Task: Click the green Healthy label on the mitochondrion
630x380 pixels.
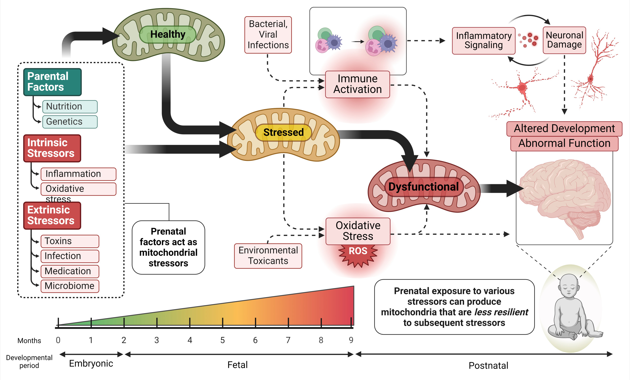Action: tap(168, 34)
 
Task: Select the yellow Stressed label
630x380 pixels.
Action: tap(283, 132)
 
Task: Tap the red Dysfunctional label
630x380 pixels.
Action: tap(424, 187)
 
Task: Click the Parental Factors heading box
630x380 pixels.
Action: tap(52, 82)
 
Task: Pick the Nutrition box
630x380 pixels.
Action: tap(70, 106)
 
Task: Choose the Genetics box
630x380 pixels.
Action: tap(70, 122)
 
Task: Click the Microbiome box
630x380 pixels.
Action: tap(70, 286)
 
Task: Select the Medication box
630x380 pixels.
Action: tap(70, 271)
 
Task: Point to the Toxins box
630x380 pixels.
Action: tap(70, 241)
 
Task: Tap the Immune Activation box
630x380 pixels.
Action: tap(357, 84)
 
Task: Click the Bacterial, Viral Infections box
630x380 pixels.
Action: tap(268, 35)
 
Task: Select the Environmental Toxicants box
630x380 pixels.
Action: tap(268, 256)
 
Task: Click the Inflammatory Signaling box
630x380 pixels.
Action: tap(484, 41)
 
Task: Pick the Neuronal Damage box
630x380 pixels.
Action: tap(564, 40)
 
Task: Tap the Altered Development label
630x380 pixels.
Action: tap(564, 129)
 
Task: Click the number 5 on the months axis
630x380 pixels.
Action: tap(222, 340)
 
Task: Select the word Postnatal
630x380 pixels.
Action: tap(488, 366)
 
